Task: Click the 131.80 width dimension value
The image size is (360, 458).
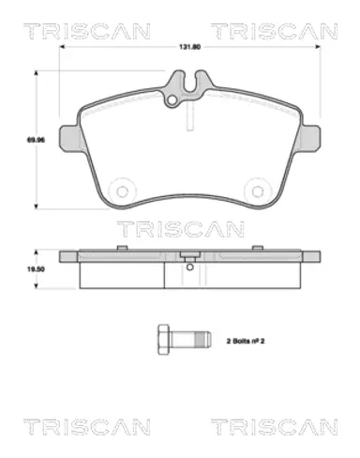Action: [x=189, y=47]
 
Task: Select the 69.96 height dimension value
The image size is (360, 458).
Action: [x=36, y=140]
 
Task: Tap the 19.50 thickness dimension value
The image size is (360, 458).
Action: [x=36, y=269]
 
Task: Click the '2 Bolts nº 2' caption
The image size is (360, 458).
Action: [x=246, y=341]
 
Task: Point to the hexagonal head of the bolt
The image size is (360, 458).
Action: [x=163, y=340]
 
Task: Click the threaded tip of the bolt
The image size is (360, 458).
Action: [x=203, y=340]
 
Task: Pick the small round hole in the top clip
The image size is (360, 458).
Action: [x=172, y=100]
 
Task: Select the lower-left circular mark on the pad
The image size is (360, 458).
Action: [x=122, y=191]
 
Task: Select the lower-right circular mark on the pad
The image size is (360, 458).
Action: [x=258, y=191]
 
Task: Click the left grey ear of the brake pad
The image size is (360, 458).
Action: [x=69, y=138]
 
